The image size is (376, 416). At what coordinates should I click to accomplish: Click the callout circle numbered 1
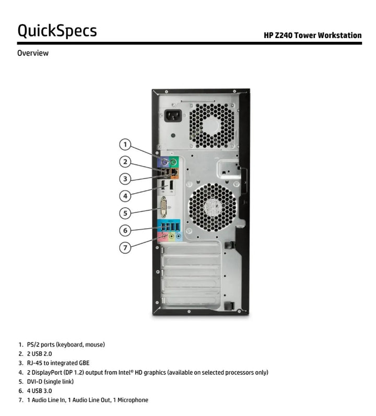(x=125, y=144)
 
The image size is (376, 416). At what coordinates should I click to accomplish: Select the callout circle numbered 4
(x=125, y=196)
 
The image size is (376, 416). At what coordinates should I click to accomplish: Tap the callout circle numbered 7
(x=125, y=247)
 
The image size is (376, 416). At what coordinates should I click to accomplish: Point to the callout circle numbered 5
(x=125, y=213)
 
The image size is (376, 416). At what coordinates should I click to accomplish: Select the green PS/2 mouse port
(x=174, y=162)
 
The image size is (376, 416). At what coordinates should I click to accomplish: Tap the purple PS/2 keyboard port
(x=164, y=162)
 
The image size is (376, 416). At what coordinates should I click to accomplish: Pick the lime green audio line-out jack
(x=170, y=236)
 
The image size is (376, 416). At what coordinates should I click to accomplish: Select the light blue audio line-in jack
(x=178, y=236)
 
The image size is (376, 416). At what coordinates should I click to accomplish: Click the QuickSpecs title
(x=57, y=30)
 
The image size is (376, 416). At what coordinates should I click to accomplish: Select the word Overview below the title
(x=33, y=53)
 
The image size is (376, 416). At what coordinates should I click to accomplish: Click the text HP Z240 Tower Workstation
(x=312, y=35)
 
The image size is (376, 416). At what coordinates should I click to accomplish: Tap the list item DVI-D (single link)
(x=50, y=382)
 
